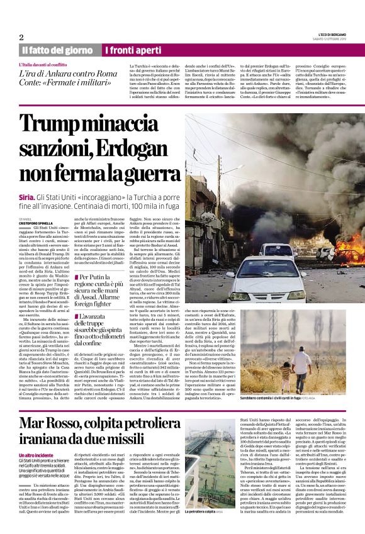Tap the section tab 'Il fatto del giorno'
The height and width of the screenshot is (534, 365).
(57, 50)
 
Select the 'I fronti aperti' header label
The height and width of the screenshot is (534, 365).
(133, 50)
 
